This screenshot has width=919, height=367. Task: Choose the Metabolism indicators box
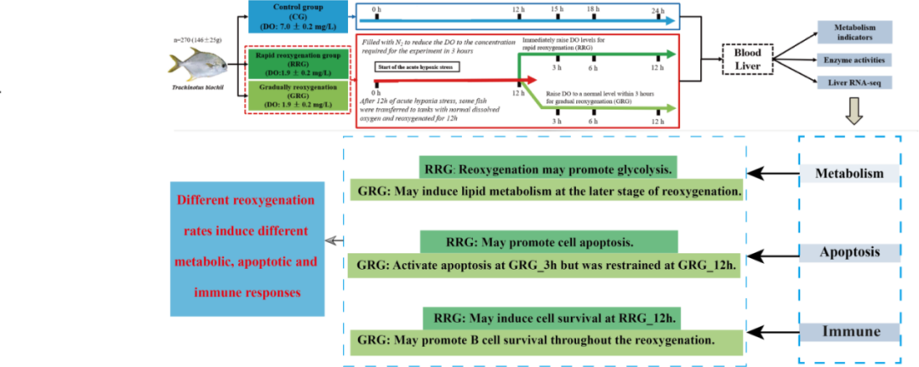click(x=853, y=32)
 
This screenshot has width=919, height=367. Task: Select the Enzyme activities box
click(x=853, y=60)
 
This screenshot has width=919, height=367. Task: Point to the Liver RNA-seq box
click(x=853, y=83)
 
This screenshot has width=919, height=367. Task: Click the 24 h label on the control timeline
click(x=656, y=10)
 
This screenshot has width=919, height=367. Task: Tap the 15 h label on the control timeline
click(x=557, y=10)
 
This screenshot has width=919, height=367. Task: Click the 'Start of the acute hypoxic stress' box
click(x=408, y=65)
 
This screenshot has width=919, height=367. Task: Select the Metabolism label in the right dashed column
click(x=853, y=175)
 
